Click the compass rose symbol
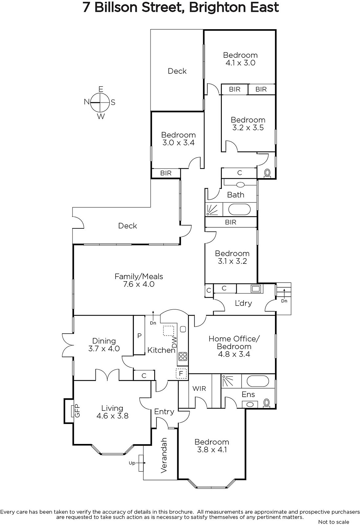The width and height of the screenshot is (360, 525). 100,102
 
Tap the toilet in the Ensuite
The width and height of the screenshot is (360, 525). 266,403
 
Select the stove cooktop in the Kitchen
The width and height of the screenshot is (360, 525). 183,356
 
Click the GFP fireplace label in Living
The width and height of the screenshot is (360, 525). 77,411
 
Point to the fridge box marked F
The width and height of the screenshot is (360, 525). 181,373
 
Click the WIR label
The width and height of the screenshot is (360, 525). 199,388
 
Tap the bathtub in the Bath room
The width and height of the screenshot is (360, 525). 239,209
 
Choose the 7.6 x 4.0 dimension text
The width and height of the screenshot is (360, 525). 139,284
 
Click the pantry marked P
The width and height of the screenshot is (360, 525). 139,335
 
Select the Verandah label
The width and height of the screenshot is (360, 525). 164,455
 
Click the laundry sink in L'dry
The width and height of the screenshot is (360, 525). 255,289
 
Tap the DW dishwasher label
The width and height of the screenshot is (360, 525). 175,342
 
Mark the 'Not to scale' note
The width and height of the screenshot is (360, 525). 333,522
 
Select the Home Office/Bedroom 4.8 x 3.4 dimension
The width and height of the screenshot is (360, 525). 234,354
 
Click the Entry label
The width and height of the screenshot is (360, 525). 164,411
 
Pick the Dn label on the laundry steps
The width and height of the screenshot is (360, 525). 284,301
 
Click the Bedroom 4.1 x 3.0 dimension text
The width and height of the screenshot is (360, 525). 240,63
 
